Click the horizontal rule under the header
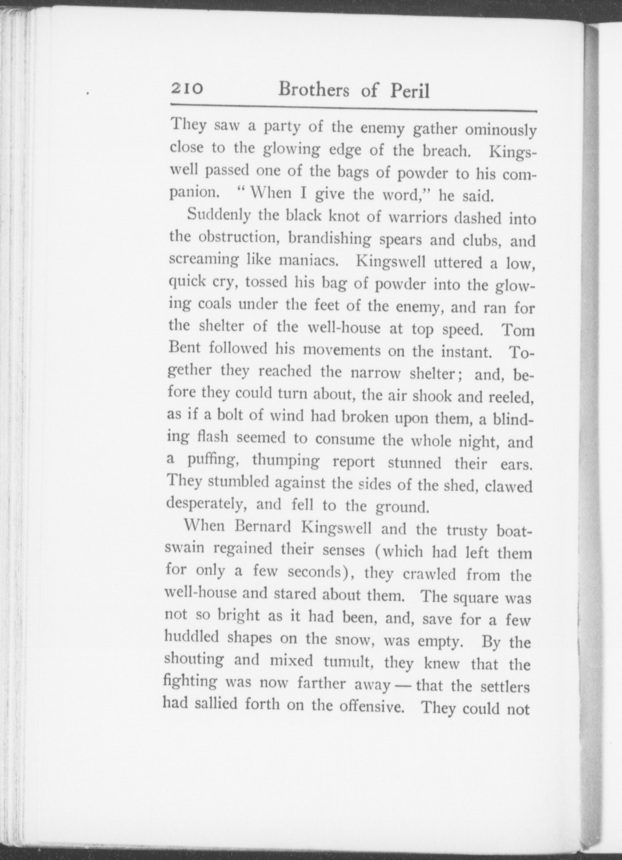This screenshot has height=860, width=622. pos(353,107)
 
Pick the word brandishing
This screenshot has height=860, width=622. pos(330,239)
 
